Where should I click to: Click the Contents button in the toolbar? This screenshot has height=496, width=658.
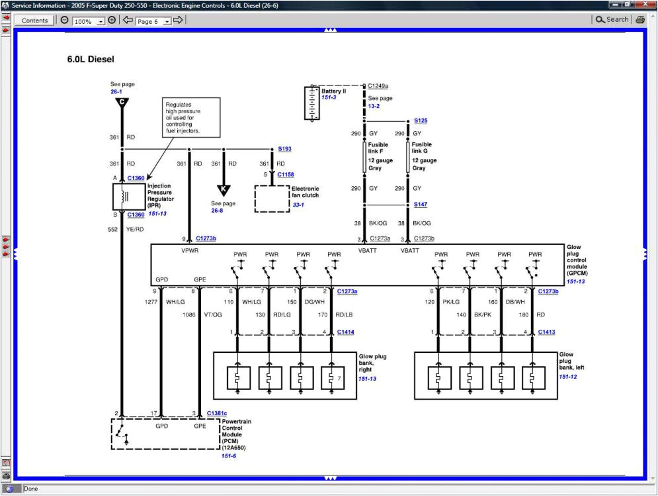[34, 21]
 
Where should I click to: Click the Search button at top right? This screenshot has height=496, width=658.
[612, 20]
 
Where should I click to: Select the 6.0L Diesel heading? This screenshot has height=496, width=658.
[91, 60]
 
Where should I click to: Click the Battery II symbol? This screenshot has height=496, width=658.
[312, 103]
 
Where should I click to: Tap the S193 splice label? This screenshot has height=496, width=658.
[284, 149]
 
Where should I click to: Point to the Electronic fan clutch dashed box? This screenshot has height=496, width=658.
[271, 198]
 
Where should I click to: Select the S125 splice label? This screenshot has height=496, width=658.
[421, 121]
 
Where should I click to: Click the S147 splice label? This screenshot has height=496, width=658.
[421, 205]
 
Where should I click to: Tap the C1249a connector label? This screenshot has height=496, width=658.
[378, 86]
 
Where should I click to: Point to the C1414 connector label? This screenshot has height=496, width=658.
[346, 332]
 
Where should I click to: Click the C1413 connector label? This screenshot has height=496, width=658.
[546, 332]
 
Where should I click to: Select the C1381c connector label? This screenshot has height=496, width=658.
[216, 413]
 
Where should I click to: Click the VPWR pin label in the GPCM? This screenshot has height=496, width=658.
[190, 251]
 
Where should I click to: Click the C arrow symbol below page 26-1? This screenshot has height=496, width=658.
[122, 103]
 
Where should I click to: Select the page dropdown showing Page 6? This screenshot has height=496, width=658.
[153, 21]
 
